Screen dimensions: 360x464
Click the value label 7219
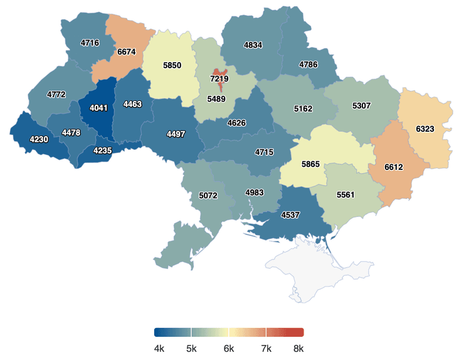click(x=219, y=80)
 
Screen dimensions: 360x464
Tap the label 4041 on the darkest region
click(x=98, y=108)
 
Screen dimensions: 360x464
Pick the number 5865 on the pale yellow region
click(x=310, y=164)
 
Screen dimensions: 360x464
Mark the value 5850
click(x=172, y=66)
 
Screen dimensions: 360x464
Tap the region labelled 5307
click(x=361, y=105)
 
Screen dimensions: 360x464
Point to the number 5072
click(x=208, y=196)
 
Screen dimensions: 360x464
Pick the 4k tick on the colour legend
click(x=159, y=349)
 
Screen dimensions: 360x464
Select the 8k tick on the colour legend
click(x=298, y=349)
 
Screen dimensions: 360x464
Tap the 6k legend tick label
click(x=229, y=349)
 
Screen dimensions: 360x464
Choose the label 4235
click(x=102, y=151)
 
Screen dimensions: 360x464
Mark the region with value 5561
click(x=345, y=195)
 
